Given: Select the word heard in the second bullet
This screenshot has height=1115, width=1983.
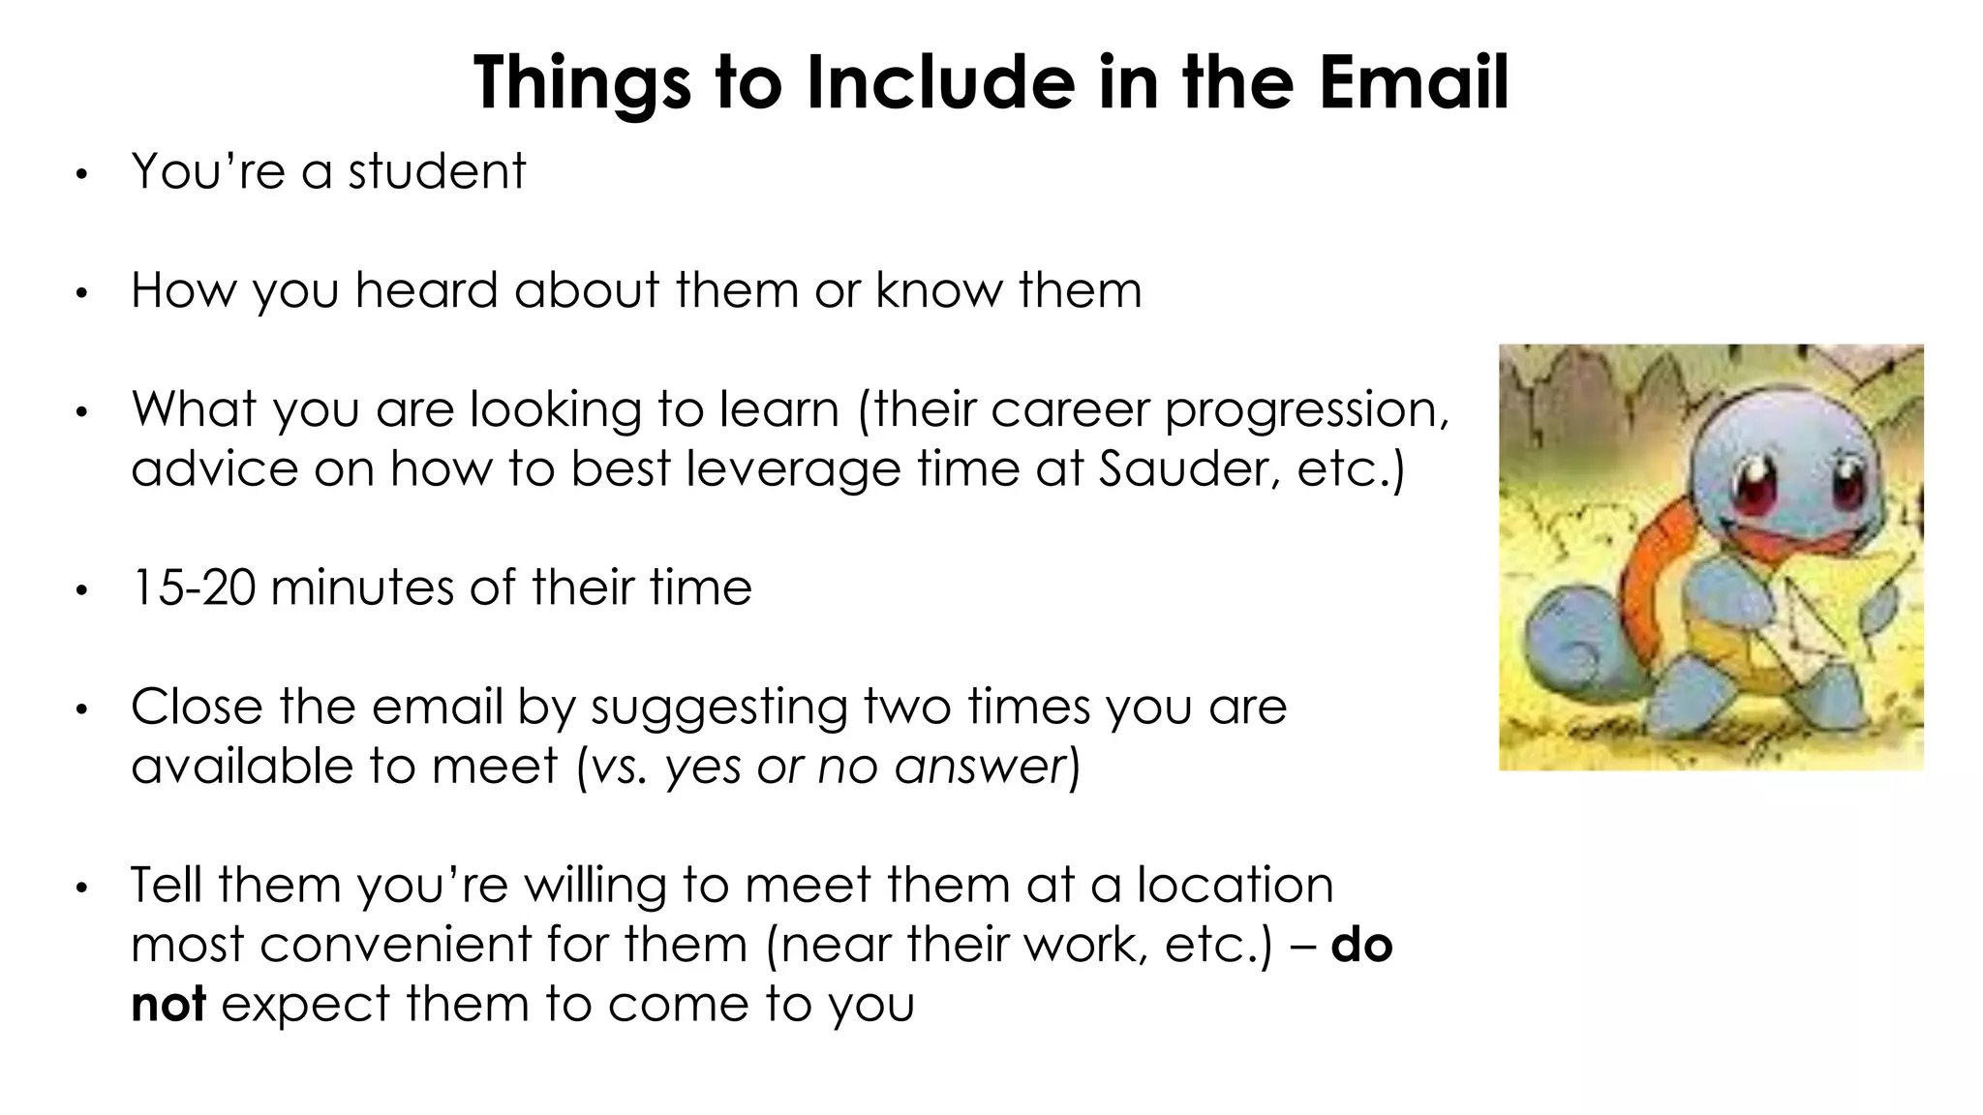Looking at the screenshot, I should (427, 290).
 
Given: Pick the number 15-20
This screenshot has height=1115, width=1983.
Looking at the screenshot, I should (193, 588).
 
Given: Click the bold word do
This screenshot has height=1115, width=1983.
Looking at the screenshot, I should (1361, 945).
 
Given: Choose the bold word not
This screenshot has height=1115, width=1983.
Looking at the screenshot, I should (168, 1005).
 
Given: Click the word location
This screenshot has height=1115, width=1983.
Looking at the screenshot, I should (1235, 885).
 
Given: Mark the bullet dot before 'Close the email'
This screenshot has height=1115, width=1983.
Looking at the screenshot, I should (82, 710).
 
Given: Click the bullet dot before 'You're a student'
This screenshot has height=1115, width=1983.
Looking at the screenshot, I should (82, 175).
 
